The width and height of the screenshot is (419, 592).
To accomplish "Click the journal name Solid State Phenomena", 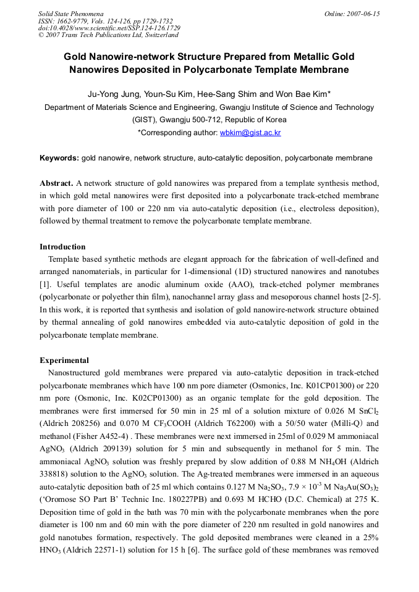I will click(70, 14).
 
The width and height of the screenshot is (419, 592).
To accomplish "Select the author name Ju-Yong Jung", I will click(110, 94).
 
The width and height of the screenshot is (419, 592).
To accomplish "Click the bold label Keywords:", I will click(59, 158).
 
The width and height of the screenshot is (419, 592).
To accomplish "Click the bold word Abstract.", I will click(56, 183).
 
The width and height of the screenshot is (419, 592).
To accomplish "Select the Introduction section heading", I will click(62, 247).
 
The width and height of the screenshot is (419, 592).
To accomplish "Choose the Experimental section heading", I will click(64, 361).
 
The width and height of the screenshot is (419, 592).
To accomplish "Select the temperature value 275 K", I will click(366, 499).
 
